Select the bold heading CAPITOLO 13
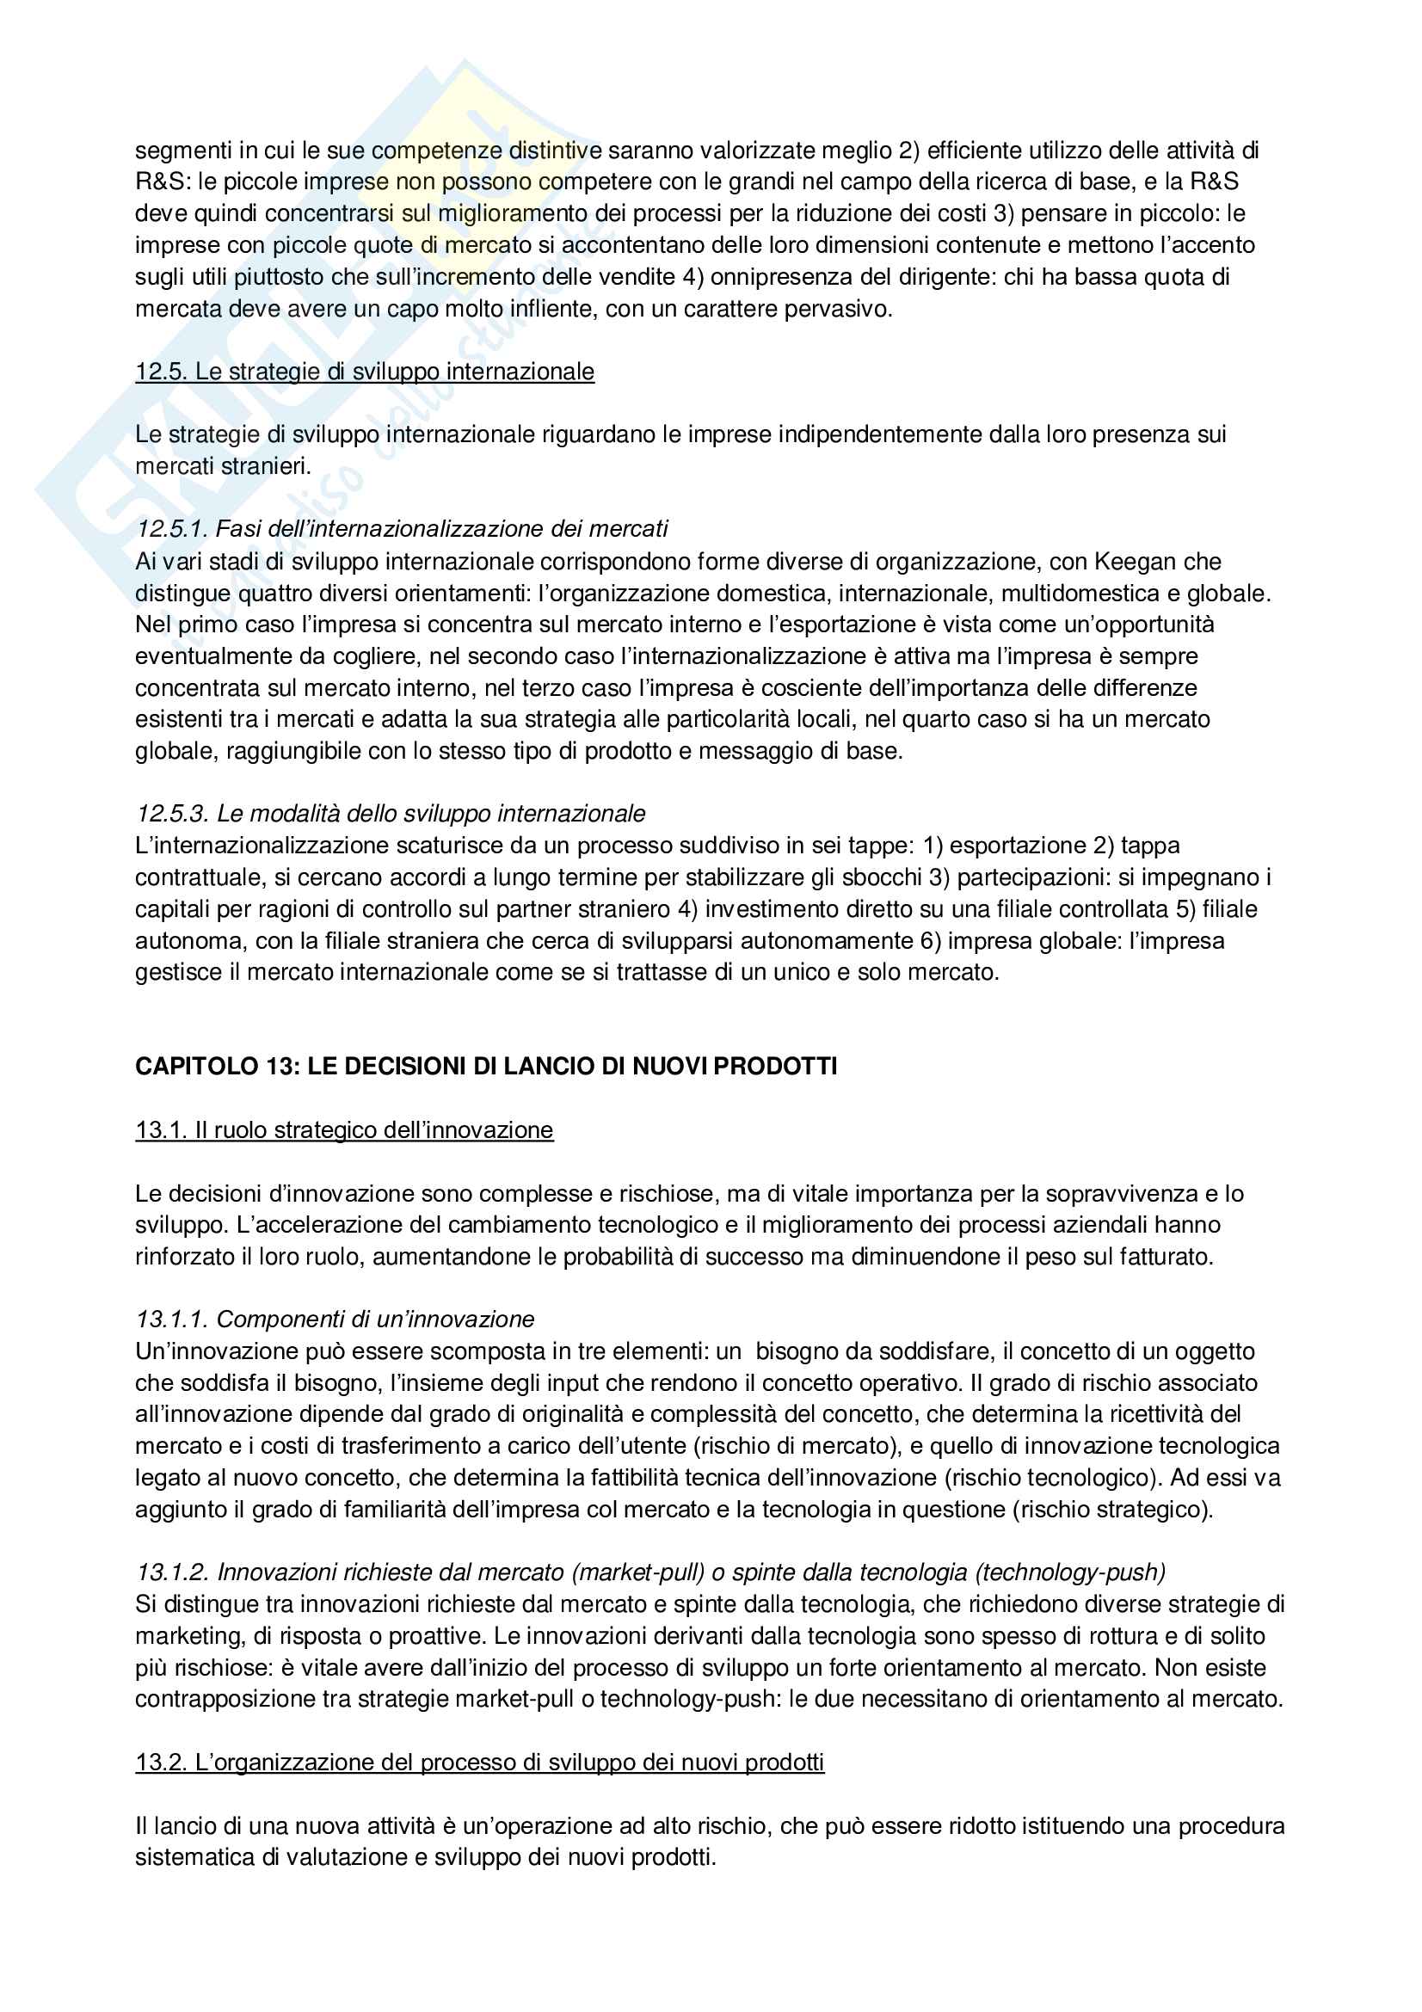point(485,1067)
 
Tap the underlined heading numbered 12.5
point(365,372)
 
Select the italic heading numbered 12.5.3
point(390,814)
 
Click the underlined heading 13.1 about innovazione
point(344,1130)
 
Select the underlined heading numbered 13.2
point(479,1763)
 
